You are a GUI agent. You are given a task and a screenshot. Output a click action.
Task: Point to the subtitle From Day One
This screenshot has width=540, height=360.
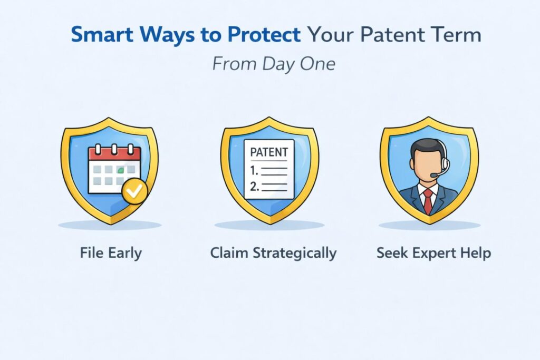point(274,64)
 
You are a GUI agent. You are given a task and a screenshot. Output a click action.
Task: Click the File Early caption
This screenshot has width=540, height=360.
point(111,253)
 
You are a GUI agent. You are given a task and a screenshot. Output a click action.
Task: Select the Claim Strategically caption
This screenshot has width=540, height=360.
point(273,253)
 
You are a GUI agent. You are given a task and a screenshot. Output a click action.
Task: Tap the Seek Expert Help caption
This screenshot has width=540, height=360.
point(433,253)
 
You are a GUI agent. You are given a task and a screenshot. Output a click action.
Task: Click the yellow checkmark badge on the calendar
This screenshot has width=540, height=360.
point(134,192)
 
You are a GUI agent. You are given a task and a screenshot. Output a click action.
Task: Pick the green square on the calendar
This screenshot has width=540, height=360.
point(121,170)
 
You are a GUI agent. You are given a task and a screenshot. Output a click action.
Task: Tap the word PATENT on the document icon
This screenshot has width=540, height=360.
point(269,152)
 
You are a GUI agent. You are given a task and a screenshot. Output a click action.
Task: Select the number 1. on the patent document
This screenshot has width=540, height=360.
point(256,171)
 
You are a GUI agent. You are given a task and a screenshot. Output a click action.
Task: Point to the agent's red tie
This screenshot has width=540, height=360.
point(428,200)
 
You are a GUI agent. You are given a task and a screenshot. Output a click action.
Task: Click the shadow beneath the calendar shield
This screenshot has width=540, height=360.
point(110,225)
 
